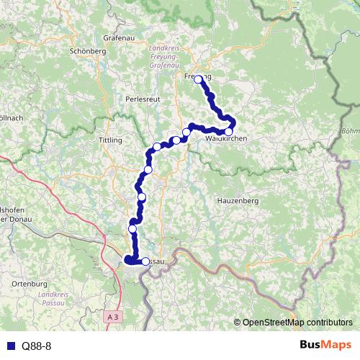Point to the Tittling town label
[110, 140]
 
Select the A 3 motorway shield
[112, 316]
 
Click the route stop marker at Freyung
[198, 80]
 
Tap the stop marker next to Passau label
[145, 262]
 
